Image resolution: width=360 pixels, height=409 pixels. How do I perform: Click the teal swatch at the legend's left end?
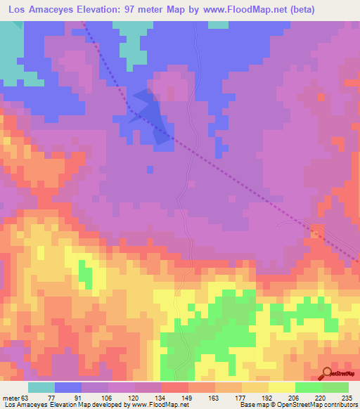41,387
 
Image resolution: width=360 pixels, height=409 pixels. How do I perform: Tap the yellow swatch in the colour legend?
281,387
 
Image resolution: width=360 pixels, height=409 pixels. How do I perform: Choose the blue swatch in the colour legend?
68,387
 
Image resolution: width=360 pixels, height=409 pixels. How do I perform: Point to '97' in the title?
129,10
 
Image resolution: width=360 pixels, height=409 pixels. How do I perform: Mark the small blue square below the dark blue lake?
150,169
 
